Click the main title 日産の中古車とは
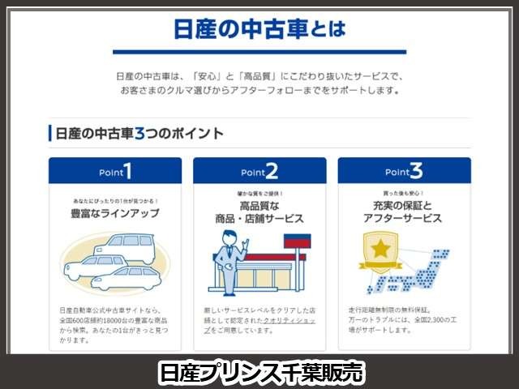coord(259,30)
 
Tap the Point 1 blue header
coord(114,171)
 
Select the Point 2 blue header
coord(259,171)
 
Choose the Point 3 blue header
coord(404,171)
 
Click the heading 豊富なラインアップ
coord(114,213)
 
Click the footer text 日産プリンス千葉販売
coord(259,372)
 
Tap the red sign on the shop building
coord(296,242)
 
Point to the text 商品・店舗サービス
coord(259,219)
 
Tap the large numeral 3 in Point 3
coord(416,170)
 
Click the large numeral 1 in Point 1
coord(127,170)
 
